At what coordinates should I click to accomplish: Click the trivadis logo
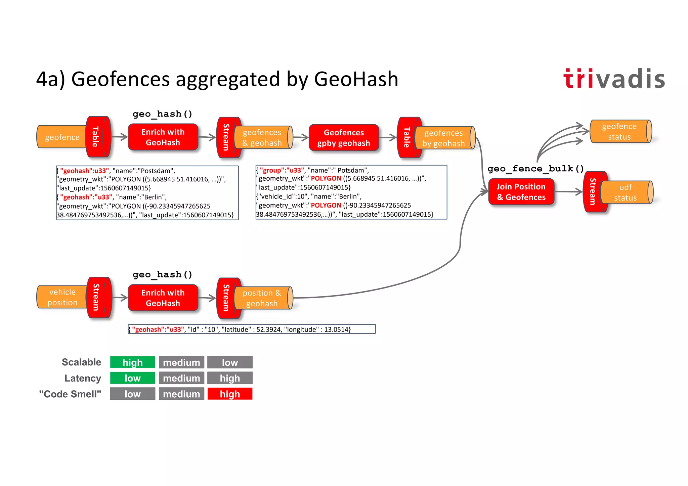[x=614, y=79]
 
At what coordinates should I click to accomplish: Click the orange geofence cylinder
[x=62, y=137]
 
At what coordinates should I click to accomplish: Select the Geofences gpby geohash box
[x=344, y=138]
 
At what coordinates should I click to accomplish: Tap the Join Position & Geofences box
[x=521, y=192]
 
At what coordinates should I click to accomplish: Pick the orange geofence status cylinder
[x=620, y=131]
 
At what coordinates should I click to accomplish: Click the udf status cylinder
[x=626, y=192]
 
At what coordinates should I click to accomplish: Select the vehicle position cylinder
[x=62, y=297]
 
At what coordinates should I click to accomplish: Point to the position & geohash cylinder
[x=262, y=298]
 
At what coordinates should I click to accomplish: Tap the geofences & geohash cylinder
[x=262, y=137]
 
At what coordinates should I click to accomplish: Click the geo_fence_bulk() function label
[x=535, y=169]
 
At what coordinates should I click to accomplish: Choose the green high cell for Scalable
[x=133, y=362]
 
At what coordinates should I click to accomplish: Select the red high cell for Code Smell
[x=230, y=394]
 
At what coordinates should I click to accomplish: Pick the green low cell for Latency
[x=133, y=378]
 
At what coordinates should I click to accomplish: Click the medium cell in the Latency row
[x=181, y=378]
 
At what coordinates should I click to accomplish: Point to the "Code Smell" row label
[x=70, y=394]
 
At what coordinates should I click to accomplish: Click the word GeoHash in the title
[x=356, y=79]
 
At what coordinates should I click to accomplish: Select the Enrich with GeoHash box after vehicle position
[x=163, y=298]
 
